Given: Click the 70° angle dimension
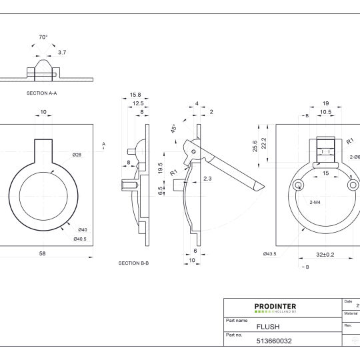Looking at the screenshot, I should [x=43, y=38].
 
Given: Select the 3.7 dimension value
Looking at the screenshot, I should [x=62, y=51].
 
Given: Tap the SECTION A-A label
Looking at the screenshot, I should [x=41, y=94].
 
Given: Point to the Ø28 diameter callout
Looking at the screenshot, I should [x=77, y=155].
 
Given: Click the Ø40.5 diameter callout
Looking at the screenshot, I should [x=79, y=239].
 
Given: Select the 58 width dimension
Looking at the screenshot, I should [x=41, y=253].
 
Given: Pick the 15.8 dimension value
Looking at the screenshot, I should [x=135, y=95].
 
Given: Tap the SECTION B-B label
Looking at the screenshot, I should [x=133, y=263].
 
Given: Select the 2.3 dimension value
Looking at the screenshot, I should [x=207, y=178].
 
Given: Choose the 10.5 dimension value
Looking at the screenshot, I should [x=326, y=112].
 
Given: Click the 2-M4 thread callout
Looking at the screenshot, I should [x=316, y=201].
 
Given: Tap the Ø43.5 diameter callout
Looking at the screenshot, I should [x=269, y=253].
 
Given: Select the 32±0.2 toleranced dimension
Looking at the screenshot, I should [x=325, y=253].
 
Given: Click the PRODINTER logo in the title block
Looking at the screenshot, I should [x=275, y=308].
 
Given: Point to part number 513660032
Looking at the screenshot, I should [x=274, y=341].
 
